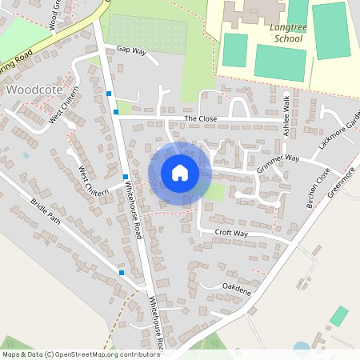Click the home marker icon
(179, 172)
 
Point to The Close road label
(201, 118)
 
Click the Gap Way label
(132, 50)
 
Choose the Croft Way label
(231, 233)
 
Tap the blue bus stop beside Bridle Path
(122, 273)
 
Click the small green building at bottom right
(339, 315)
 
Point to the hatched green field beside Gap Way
(147, 34)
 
